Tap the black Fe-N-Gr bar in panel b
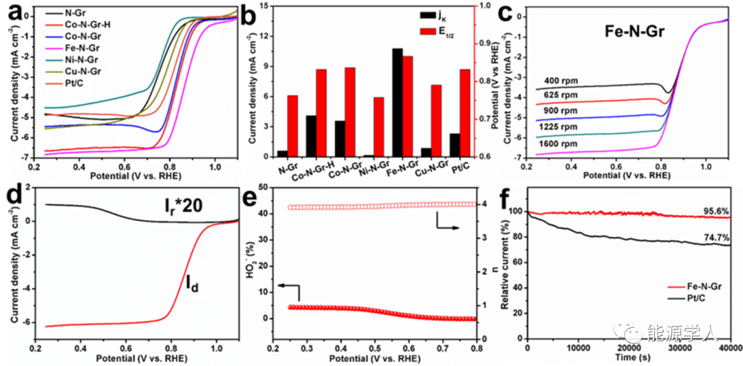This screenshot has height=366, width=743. click(398, 103)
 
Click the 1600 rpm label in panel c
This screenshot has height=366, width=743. click(559, 143)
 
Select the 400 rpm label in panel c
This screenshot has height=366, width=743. click(558, 80)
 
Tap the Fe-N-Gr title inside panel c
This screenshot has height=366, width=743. click(633, 30)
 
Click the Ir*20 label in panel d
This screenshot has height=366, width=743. click(177, 204)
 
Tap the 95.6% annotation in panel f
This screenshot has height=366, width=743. click(713, 211)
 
